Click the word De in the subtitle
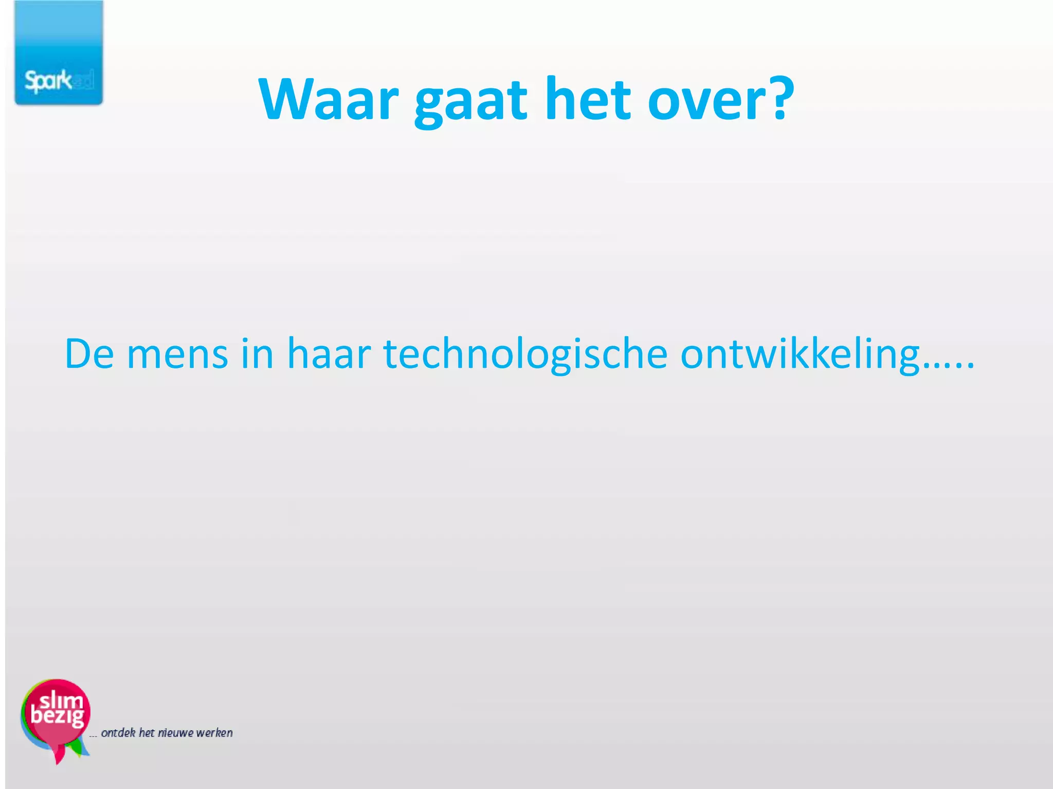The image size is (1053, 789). point(89,354)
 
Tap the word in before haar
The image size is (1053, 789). point(257,354)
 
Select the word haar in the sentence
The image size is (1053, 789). point(329,354)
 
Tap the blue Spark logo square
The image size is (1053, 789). point(59,52)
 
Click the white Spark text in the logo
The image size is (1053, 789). point(48,81)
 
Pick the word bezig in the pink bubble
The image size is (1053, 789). point(57,716)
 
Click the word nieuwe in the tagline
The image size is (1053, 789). point(176,733)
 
